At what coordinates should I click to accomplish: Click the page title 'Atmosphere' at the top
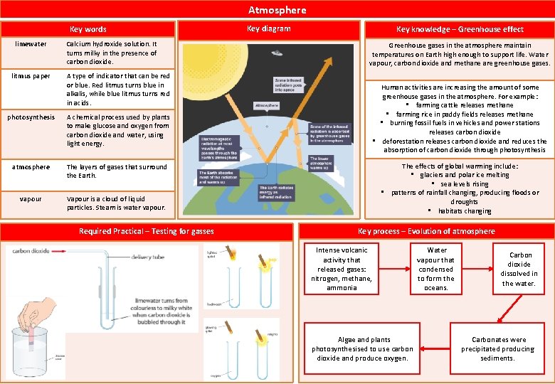click(x=277, y=10)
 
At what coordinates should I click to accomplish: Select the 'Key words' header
click(x=88, y=29)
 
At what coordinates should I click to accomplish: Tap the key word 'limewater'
click(x=31, y=44)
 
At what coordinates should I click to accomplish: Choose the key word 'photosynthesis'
click(x=32, y=117)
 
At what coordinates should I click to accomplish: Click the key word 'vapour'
click(x=31, y=199)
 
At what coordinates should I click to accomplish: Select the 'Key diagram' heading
click(x=268, y=28)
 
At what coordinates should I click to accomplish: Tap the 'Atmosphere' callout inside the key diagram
click(x=287, y=105)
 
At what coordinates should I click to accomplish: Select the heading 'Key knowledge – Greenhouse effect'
click(x=460, y=29)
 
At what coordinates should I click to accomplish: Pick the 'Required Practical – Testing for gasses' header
click(x=146, y=231)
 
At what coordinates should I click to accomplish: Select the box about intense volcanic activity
click(x=342, y=269)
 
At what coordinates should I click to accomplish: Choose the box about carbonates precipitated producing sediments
click(x=498, y=348)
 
